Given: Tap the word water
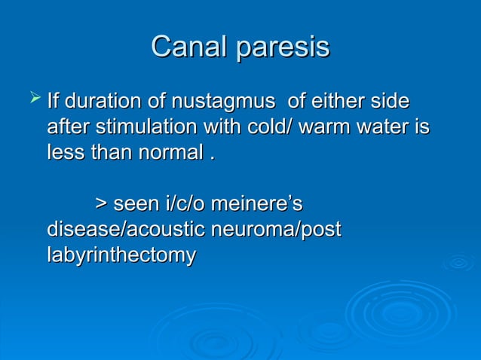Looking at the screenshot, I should click(x=387, y=126).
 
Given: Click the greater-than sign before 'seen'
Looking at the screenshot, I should click(x=100, y=203).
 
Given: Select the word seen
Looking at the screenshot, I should click(x=136, y=203).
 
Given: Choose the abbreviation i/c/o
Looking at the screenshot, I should click(x=184, y=203).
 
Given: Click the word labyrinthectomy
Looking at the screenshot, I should click(x=121, y=255).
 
